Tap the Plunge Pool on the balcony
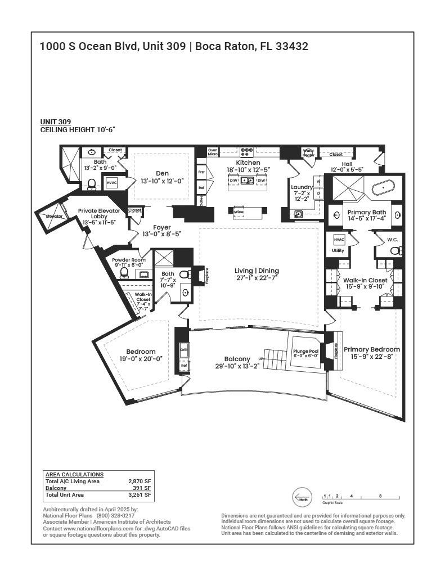[305, 353]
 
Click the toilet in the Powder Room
[124, 273]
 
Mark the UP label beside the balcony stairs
[260, 358]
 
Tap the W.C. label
[392, 240]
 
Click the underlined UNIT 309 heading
[55, 122]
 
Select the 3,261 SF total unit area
[140, 495]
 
